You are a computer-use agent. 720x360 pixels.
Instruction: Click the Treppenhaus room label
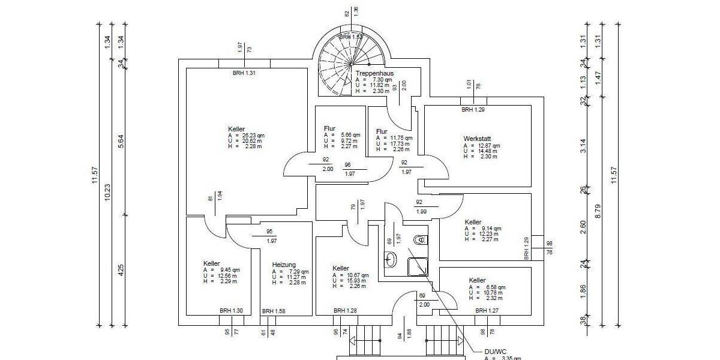click(x=374, y=73)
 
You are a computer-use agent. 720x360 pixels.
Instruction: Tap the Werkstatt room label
click(x=478, y=138)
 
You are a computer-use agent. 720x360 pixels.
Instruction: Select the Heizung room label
click(x=284, y=265)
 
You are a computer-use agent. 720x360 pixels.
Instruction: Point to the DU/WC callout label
click(x=496, y=352)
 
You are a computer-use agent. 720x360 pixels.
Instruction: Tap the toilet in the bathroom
click(x=419, y=240)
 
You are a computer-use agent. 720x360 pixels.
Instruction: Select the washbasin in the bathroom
click(x=391, y=259)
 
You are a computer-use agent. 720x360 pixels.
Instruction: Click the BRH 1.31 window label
click(x=244, y=73)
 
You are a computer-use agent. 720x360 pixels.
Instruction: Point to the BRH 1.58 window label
click(x=274, y=311)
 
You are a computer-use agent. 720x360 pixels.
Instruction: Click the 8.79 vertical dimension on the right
click(x=598, y=211)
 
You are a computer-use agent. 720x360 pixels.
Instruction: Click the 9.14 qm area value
click(x=490, y=229)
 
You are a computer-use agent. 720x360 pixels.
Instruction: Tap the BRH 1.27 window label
click(x=487, y=311)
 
